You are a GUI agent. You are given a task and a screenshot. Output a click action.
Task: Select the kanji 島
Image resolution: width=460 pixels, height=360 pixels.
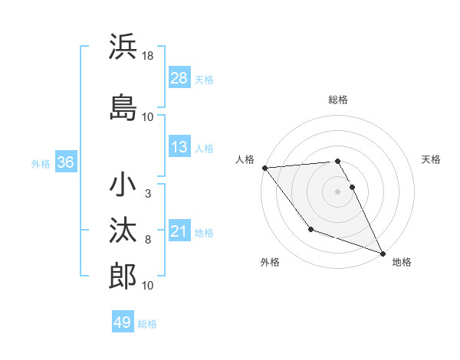tap(123, 106)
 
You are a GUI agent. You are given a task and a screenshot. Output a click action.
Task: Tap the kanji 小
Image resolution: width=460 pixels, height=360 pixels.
tap(123, 185)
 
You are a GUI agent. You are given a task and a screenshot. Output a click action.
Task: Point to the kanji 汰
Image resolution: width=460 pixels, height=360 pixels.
tap(123, 230)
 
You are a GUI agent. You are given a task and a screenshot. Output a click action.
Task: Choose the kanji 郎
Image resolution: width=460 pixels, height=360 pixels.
tap(123, 277)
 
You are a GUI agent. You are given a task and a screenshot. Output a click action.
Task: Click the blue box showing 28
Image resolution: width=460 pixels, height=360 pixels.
tap(179, 78)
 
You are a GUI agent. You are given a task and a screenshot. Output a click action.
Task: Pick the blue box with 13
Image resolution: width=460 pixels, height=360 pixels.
tap(179, 147)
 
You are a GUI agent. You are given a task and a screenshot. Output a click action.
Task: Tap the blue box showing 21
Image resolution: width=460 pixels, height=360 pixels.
tap(179, 231)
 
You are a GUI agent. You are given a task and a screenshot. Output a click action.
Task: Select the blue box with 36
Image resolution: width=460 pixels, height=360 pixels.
tap(65, 162)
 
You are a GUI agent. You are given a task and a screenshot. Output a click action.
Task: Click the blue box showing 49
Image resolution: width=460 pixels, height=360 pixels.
tap(123, 322)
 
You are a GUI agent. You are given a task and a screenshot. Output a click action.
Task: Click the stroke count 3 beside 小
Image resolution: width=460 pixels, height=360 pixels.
tap(147, 193)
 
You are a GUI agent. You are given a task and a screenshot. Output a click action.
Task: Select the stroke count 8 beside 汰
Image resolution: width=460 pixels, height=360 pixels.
tap(147, 240)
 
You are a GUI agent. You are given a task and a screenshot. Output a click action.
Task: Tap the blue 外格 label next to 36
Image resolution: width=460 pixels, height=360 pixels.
tap(41, 163)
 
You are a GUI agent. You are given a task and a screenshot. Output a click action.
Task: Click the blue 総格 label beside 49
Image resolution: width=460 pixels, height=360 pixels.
tap(147, 323)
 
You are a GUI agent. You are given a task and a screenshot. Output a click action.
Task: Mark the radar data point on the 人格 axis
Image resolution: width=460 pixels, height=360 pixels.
tap(264, 168)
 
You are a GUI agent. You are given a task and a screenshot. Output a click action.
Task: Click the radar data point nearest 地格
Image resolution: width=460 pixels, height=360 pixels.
tap(383, 253)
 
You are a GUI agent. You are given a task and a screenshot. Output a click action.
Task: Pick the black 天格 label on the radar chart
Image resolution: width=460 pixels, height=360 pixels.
tap(432, 159)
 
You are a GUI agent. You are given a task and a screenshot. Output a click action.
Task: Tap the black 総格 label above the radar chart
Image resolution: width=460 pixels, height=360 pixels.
tap(338, 100)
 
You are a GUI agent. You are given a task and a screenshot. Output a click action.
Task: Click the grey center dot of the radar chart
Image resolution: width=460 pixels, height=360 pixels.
tap(337, 191)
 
